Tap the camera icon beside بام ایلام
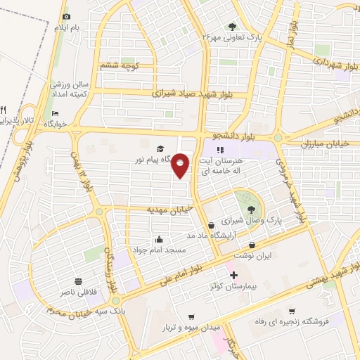click(x=67, y=16)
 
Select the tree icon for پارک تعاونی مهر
click(x=233, y=27)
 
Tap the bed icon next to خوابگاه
click(x=56, y=115)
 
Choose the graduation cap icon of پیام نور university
click(x=160, y=149)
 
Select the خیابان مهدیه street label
click(x=169, y=209)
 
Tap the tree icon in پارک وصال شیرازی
click(x=251, y=210)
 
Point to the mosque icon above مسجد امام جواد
click(x=160, y=239)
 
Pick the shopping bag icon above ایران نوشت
click(x=252, y=245)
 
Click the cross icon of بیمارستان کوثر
click(x=234, y=275)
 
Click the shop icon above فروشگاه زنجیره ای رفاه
click(x=292, y=310)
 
